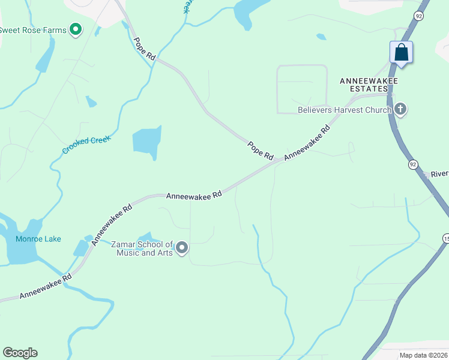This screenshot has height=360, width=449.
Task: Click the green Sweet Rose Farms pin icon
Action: coord(76,29)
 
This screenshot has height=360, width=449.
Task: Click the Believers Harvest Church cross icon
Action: coord(401,109)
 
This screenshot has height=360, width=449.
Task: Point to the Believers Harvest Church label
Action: coord(345,110)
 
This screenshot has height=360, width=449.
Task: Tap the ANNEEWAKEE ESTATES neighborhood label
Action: coord(369,84)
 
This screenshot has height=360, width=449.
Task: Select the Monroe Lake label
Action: coord(38,239)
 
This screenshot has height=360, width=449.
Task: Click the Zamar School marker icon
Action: coord(182,247)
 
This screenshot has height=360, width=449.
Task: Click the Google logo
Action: coord(20,353)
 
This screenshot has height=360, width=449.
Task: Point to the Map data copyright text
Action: coord(424,355)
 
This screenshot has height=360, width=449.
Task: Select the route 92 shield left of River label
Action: coord(412,164)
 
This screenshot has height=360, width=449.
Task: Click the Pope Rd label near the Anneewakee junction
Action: coord(261,150)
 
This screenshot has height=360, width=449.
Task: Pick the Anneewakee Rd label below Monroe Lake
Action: coord(45,286)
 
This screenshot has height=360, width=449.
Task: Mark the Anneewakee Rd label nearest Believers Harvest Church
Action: coord(307,142)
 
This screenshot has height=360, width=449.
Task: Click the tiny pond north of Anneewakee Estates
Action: coord(321,37)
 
